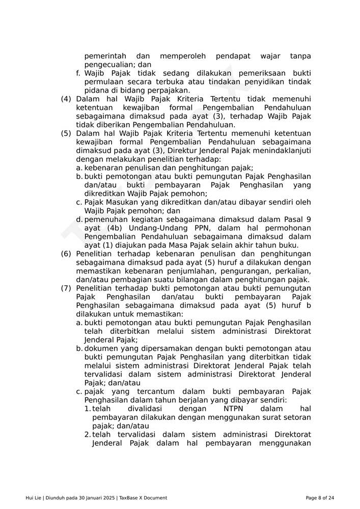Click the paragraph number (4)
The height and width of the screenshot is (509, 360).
coord(66,99)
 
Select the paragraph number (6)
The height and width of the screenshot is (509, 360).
coord(66,254)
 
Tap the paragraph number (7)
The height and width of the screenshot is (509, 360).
coord(66,289)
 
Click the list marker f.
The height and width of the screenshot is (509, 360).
coord(78,73)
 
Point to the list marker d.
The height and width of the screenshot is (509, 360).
coord(79,219)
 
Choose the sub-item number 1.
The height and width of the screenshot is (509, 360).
coord(88,409)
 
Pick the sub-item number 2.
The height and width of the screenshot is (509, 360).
coord(88,435)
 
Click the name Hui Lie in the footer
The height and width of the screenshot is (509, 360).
coord(33,498)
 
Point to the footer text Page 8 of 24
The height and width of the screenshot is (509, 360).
coord(320,498)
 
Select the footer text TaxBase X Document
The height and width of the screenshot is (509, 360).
coord(143,498)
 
